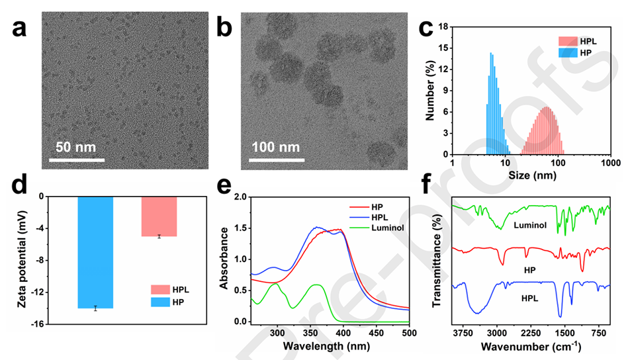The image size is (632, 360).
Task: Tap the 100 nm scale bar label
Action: [x=275, y=146]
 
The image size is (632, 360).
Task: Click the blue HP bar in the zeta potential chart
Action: [x=95, y=252]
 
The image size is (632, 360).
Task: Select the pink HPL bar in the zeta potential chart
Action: [x=159, y=216]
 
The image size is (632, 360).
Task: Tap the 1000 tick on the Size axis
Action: [x=610, y=162]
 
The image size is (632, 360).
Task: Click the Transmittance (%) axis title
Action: [x=437, y=268]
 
